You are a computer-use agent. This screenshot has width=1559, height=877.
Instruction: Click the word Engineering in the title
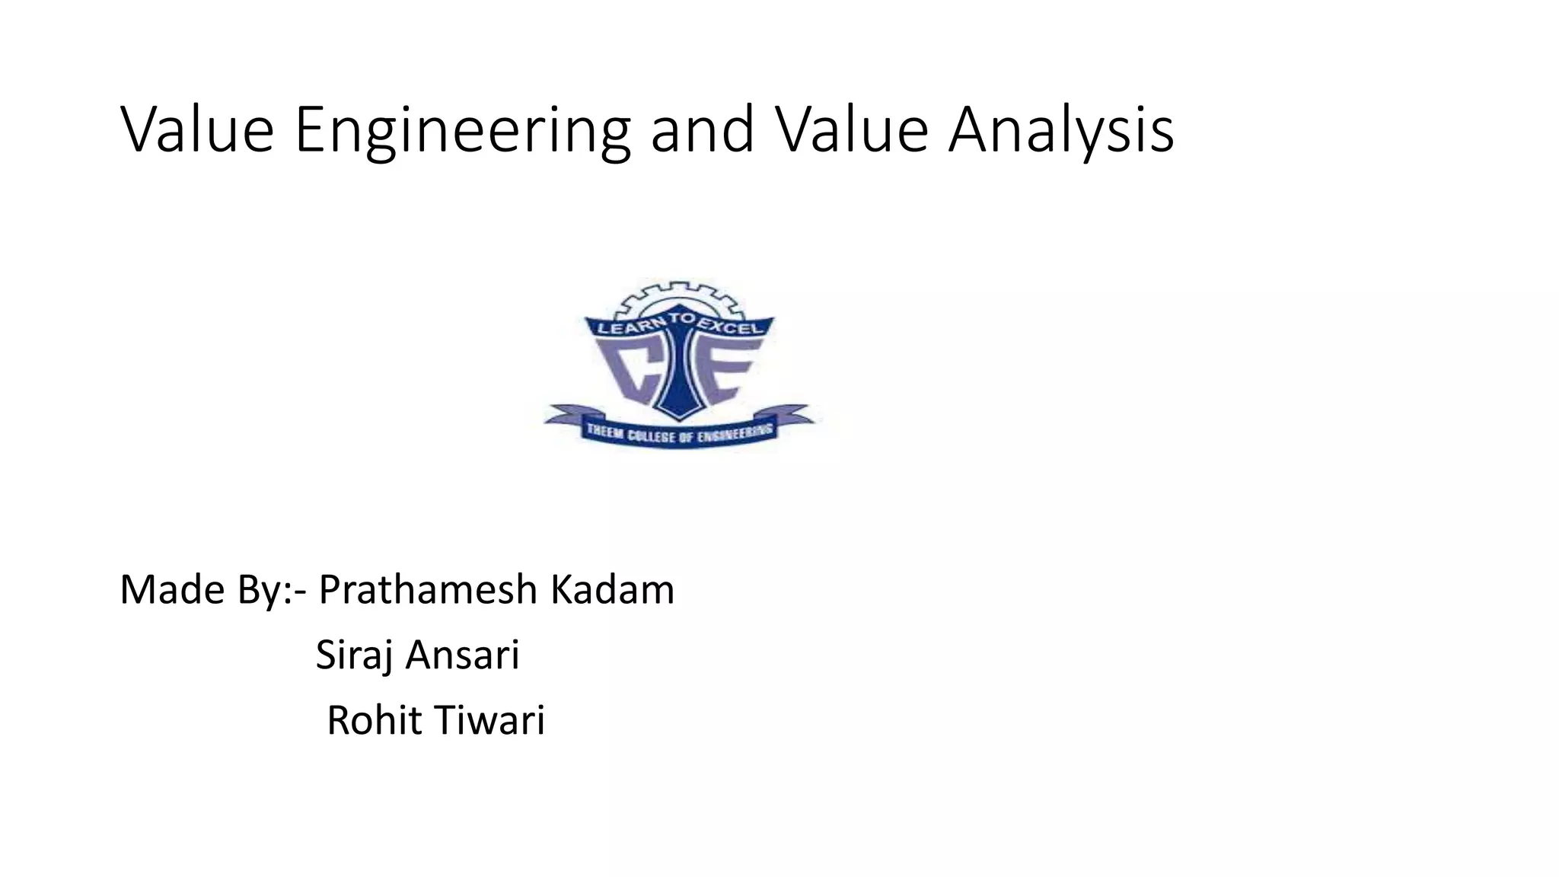pyautogui.click(x=462, y=131)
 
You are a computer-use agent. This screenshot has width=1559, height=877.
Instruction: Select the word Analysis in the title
pyautogui.click(x=1061, y=131)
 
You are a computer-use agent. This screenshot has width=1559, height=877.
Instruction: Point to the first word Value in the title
pyautogui.click(x=197, y=131)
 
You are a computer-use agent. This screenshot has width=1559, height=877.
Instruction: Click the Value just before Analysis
pyautogui.click(x=852, y=131)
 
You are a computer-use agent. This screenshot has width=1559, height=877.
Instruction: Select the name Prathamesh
pyautogui.click(x=428, y=590)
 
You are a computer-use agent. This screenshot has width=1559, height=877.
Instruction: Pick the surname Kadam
pyautogui.click(x=612, y=590)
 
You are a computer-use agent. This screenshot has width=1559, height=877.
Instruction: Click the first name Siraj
pyautogui.click(x=354, y=655)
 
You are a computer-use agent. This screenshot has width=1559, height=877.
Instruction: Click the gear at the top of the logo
pyautogui.click(x=677, y=298)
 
